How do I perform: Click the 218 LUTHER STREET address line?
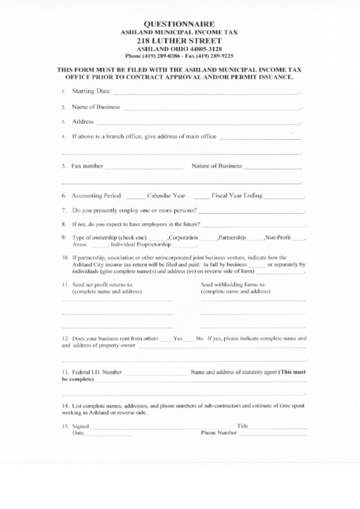180,40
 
